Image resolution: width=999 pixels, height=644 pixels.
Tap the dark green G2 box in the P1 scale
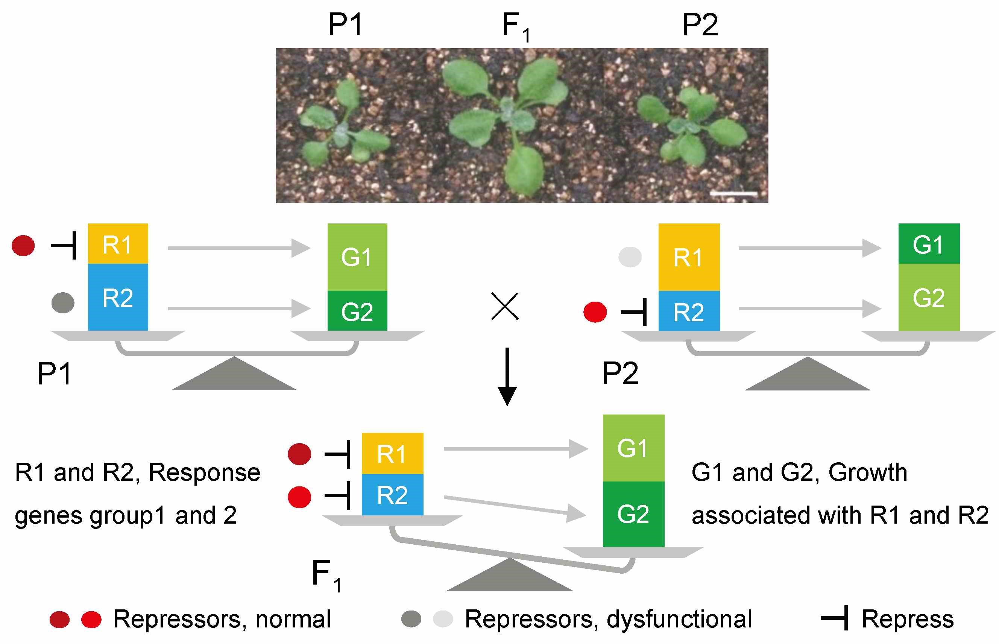357,311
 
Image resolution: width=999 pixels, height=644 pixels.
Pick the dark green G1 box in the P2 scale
929,243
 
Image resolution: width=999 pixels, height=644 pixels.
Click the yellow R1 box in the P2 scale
689,257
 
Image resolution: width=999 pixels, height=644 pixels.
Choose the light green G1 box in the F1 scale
633,448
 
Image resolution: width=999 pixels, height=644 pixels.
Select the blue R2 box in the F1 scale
392,495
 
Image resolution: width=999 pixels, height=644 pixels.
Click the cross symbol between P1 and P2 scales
505,306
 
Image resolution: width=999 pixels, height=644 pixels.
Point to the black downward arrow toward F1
507,377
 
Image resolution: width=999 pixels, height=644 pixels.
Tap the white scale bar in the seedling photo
734,194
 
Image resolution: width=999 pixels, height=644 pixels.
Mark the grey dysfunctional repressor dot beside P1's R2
63,302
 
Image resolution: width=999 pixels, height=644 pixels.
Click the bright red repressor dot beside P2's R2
595,312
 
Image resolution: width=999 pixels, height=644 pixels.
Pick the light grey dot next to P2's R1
630,257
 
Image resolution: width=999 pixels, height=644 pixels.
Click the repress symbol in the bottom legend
834,618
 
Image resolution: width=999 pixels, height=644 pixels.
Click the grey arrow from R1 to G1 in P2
810,248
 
